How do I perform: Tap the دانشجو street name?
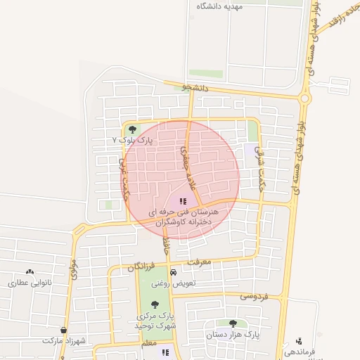click(195, 88)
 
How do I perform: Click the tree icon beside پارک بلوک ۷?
click(133, 129)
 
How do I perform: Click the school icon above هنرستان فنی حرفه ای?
click(184, 201)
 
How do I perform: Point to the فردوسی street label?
click(253, 296)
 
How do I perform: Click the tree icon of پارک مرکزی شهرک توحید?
click(155, 304)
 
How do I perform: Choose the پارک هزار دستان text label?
click(232, 335)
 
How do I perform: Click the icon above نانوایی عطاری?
click(30, 271)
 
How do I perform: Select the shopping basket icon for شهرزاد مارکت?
click(64, 330)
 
